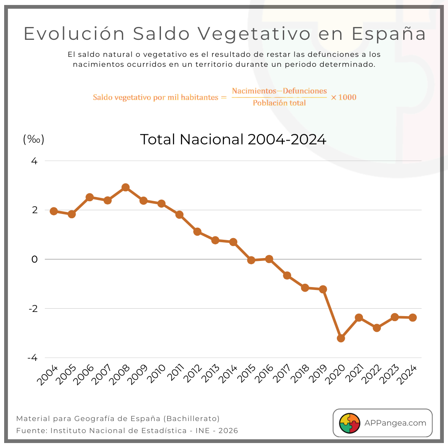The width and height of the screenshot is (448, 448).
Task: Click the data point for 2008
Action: [x=125, y=187]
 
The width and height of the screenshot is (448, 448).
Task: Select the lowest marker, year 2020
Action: [x=341, y=338]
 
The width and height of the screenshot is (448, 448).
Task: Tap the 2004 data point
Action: [x=54, y=211]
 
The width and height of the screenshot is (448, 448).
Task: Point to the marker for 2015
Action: [x=251, y=260]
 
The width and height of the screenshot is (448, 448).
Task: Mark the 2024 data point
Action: [x=413, y=318]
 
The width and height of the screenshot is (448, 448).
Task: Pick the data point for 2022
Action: [x=377, y=328]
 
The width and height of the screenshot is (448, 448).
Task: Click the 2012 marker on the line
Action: [x=197, y=231]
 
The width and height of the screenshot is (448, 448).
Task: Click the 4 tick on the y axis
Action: [x=34, y=161]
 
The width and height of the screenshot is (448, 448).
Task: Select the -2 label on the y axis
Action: [x=33, y=309]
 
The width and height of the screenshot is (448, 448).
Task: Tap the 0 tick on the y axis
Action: [x=34, y=259]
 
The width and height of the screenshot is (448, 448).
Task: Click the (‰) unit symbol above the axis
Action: [x=34, y=139]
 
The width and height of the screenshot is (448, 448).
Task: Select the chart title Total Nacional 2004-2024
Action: [x=233, y=139]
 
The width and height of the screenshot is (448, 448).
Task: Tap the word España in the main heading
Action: [x=389, y=34]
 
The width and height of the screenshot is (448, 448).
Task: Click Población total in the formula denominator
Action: [x=279, y=103]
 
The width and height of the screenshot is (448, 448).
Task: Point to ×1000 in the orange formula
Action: [x=343, y=97]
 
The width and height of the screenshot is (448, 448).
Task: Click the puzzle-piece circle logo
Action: [x=350, y=423]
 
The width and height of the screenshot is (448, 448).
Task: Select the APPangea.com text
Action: [x=395, y=423]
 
